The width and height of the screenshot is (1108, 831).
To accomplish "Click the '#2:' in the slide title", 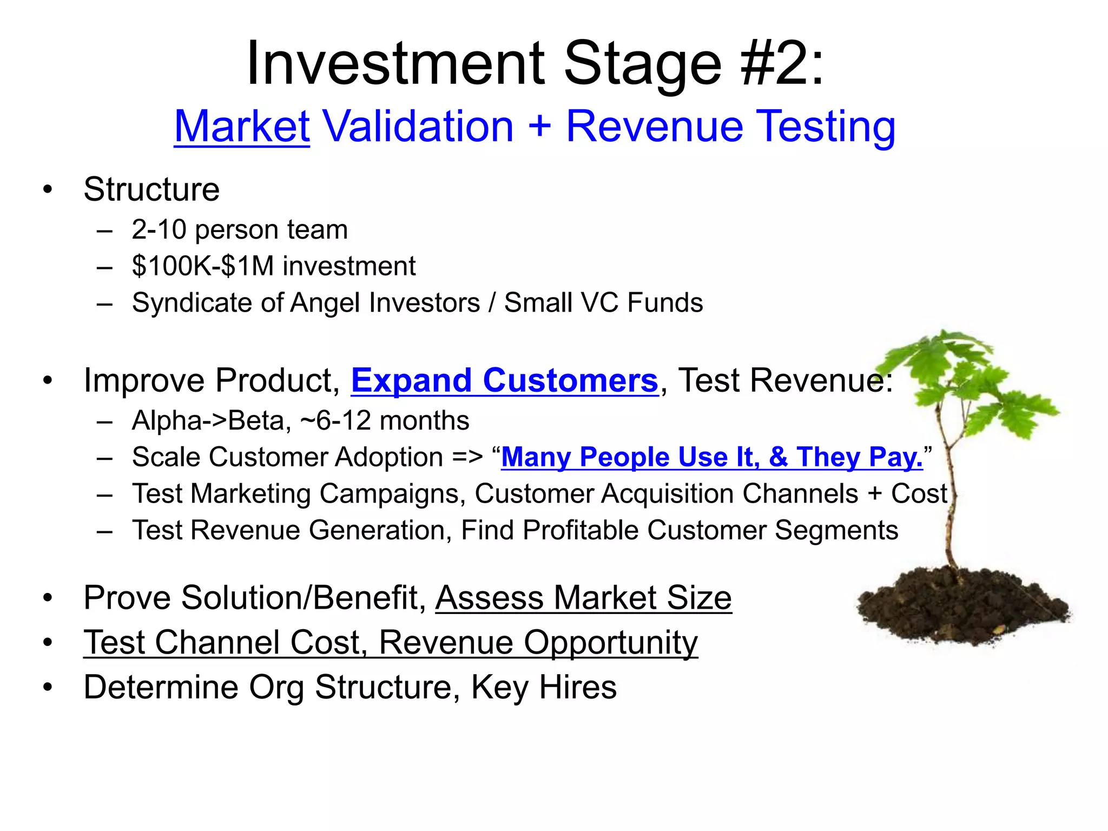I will coord(782,64).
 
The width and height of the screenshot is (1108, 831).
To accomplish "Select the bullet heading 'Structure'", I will coord(151,189).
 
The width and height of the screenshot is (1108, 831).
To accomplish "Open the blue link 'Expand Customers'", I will coord(504,380).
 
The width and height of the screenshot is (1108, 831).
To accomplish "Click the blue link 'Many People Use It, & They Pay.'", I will coord(711,457).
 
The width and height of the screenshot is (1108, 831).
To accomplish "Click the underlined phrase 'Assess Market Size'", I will coord(583,598).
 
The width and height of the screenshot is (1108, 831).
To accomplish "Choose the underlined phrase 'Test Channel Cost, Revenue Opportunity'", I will coord(390,643).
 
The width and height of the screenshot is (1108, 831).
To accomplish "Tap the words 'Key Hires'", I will coord(543,687).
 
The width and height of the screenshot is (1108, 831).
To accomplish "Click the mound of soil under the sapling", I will coord(960,606).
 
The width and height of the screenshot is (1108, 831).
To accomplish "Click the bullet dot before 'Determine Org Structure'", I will coord(48,687).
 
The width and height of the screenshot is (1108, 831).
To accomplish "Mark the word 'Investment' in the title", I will coord(395,64).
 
